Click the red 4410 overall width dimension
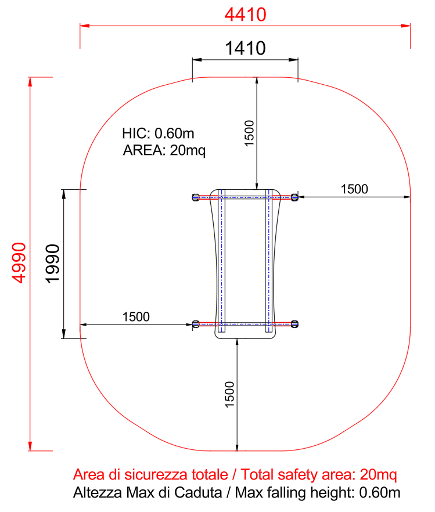pos(245,15)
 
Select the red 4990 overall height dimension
pos(19,263)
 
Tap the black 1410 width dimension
pos(245,48)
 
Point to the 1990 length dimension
pos(53,264)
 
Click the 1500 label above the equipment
pos(249,134)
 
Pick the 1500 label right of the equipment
pos(354,189)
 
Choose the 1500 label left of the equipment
pos(136,317)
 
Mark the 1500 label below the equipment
pos(229,395)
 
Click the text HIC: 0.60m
pos(158,134)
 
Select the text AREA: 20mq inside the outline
pos(164,150)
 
